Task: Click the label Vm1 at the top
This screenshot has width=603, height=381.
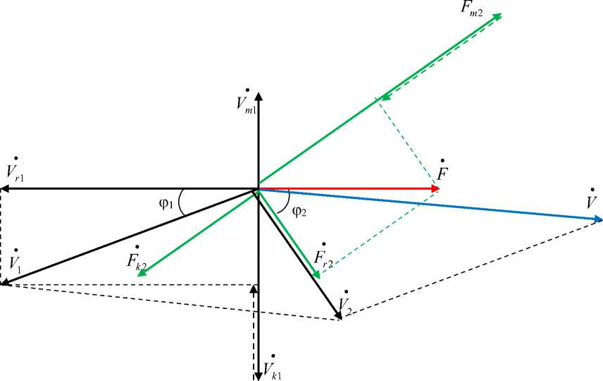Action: coord(246,102)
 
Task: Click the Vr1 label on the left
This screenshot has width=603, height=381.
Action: coord(15,170)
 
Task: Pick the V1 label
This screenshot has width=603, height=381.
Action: coord(13,262)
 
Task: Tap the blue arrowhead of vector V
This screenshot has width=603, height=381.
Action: coord(597,220)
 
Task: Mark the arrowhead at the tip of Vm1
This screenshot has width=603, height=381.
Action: coord(259,96)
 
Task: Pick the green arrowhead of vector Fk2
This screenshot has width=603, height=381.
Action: coord(142,272)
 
